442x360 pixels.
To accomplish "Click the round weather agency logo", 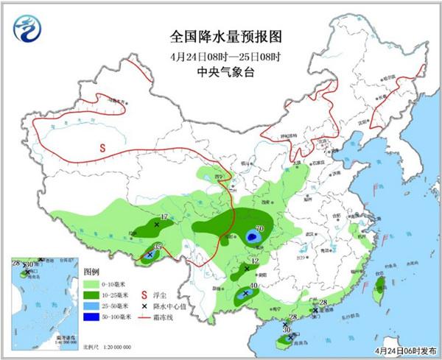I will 27,29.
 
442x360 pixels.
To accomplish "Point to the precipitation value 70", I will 259,228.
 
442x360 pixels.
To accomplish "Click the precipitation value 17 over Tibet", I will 164,216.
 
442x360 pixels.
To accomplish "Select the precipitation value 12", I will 255,261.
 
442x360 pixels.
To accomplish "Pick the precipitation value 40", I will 254,286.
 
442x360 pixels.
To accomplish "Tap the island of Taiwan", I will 380,286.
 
